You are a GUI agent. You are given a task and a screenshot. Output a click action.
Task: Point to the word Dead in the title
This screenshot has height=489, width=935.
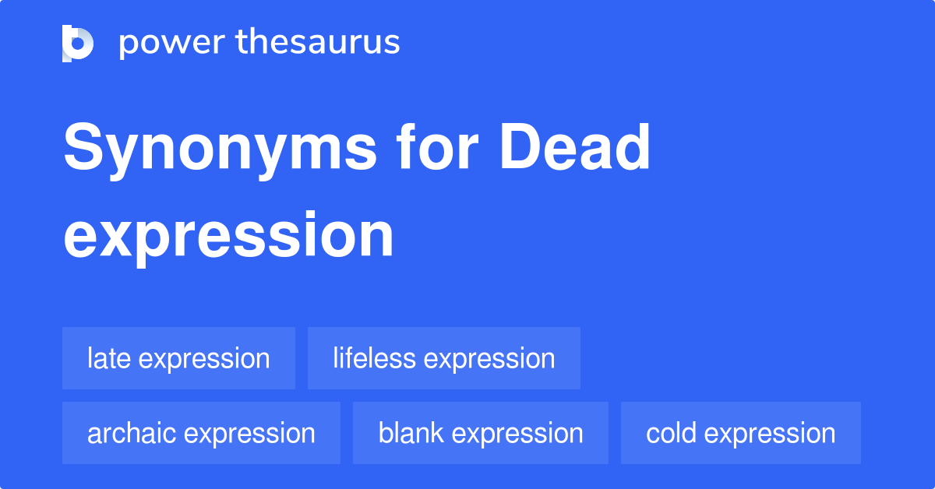point(575,147)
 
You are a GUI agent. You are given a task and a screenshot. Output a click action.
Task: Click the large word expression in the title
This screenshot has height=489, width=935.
point(228,236)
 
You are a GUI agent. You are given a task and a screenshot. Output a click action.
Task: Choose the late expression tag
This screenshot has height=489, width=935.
point(178,358)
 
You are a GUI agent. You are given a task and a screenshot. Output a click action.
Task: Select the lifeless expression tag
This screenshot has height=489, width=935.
point(443,358)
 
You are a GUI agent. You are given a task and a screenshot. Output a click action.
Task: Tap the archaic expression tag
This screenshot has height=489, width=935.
point(201,433)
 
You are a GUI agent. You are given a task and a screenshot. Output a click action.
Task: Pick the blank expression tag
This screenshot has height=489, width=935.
point(480,433)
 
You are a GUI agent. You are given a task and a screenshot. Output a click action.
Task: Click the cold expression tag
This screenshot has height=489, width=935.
point(740,433)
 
